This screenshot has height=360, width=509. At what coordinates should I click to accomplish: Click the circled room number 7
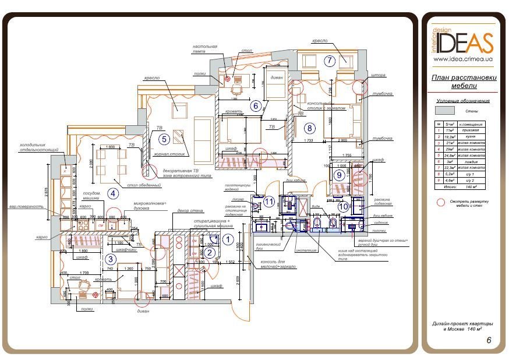(330, 60)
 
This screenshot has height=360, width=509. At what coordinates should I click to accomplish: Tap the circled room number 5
(164, 139)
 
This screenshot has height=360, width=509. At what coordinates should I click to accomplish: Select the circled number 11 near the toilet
(268, 202)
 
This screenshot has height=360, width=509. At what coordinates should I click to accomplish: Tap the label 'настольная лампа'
(206, 50)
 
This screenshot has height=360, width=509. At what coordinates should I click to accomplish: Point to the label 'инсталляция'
(306, 250)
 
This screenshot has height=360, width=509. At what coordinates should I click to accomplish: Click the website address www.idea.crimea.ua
(464, 59)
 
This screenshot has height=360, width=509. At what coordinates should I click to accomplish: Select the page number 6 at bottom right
(488, 341)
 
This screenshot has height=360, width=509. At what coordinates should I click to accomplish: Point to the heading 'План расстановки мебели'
(464, 82)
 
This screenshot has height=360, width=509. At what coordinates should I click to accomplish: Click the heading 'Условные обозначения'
(464, 100)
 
